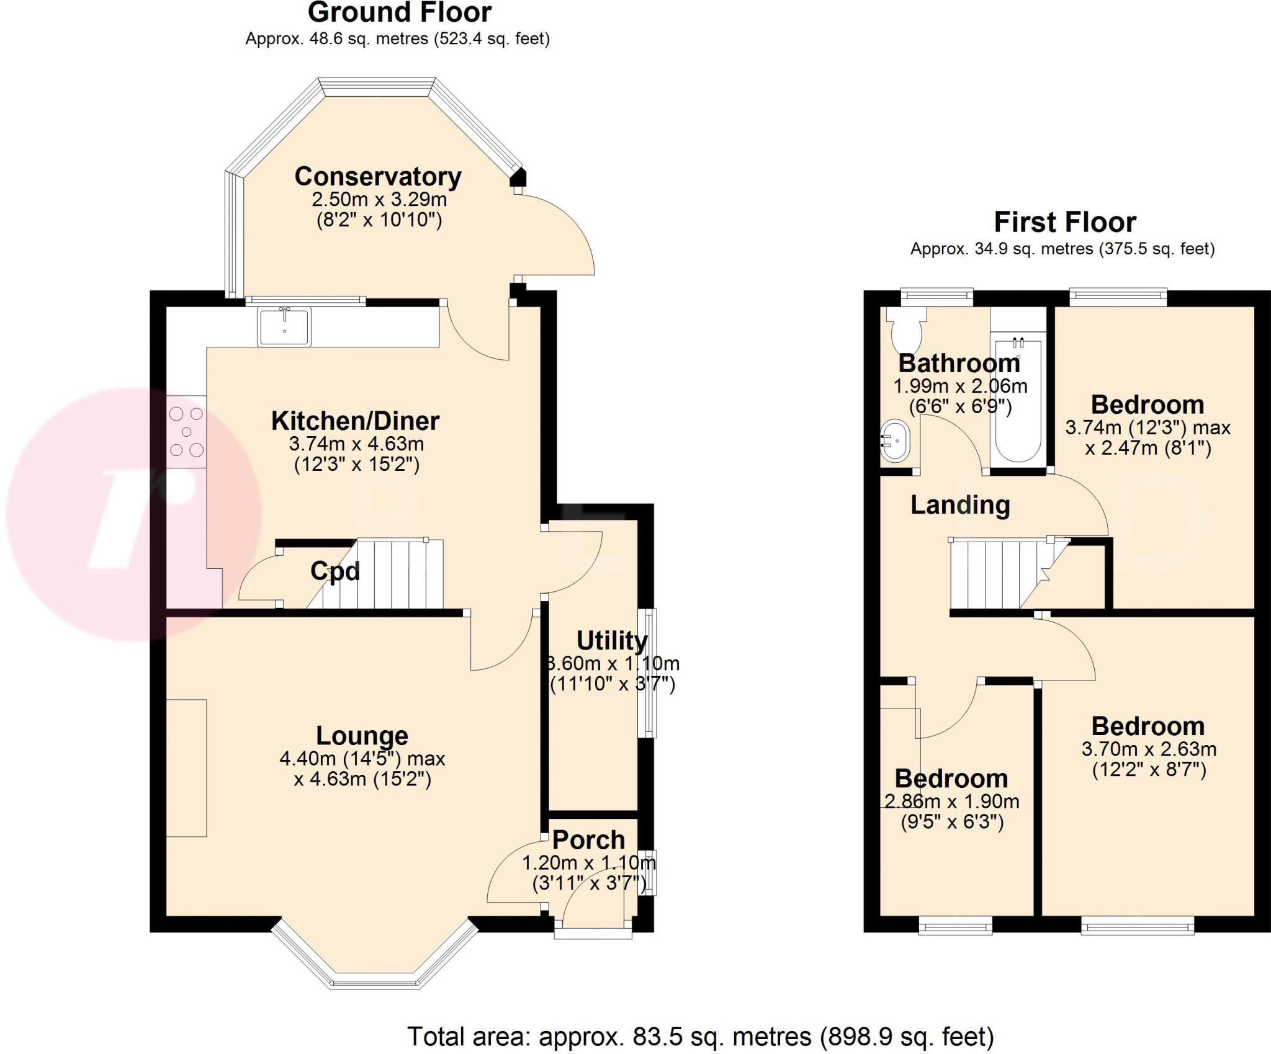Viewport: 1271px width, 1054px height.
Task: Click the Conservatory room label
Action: (377, 177)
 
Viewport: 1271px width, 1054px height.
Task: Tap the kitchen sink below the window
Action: (284, 327)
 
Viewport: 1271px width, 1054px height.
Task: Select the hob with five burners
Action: (186, 432)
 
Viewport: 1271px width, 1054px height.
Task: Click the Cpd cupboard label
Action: (335, 571)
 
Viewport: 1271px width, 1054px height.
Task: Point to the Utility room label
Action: (612, 641)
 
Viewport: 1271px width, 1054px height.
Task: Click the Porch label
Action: (588, 840)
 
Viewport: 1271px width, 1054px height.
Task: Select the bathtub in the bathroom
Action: (1018, 403)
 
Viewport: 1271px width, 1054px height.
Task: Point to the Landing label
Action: (960, 505)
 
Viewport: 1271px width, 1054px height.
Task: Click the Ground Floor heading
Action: (399, 12)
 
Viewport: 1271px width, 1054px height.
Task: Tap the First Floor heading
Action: (1065, 222)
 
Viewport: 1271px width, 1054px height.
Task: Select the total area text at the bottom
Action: (700, 1036)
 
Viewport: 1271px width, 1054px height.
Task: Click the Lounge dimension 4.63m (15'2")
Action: (362, 779)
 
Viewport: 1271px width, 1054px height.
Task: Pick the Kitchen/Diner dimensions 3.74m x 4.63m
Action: (356, 444)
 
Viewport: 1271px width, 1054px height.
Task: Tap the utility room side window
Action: (649, 673)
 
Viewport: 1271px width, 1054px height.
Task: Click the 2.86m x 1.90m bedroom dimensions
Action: (951, 802)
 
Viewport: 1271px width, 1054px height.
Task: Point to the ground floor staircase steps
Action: (397, 574)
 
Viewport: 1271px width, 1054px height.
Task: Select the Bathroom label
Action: (959, 364)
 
